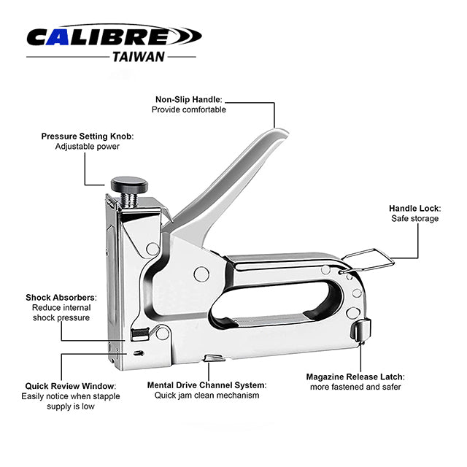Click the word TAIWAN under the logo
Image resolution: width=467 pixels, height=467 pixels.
click(139, 57)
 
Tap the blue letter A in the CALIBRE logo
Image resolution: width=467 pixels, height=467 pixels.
click(61, 37)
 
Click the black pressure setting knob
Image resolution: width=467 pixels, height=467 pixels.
click(129, 185)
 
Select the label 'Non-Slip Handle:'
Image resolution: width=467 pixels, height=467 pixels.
click(189, 99)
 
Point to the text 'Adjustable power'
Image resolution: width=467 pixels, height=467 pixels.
click(88, 146)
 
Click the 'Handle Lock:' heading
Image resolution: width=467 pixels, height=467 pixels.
click(415, 208)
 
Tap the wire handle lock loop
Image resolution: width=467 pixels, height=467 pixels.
click(368, 260)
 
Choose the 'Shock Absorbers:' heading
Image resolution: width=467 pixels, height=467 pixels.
click(61, 297)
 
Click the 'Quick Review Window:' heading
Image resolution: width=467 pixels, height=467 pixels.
click(71, 386)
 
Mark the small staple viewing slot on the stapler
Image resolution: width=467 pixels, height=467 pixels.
click(139, 353)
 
